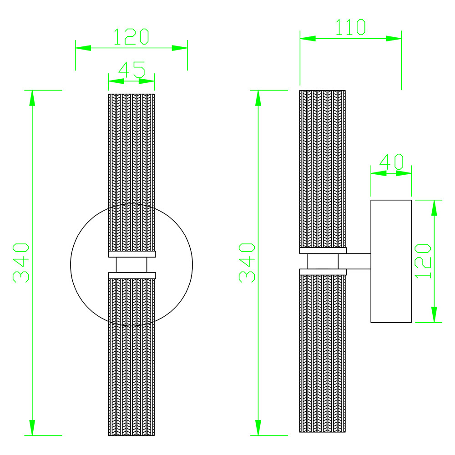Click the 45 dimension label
[x=131, y=70]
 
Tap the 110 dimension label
[x=350, y=27]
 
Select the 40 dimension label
[x=391, y=162]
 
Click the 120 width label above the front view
[x=131, y=36]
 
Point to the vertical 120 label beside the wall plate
[x=423, y=261]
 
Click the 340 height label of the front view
[x=21, y=263]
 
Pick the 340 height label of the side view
[x=247, y=263]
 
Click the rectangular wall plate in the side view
[x=391, y=261]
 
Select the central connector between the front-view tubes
[x=131, y=265]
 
